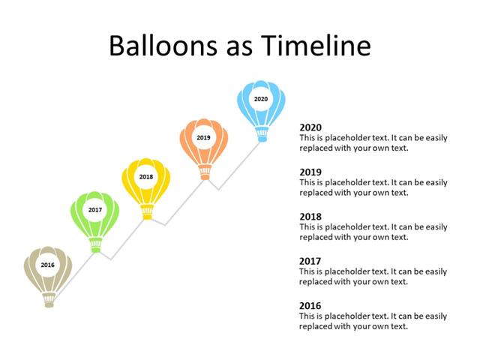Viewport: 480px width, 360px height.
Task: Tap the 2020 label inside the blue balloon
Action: (260, 99)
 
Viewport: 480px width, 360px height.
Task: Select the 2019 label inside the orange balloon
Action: (203, 138)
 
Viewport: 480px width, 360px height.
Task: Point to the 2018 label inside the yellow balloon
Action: (146, 177)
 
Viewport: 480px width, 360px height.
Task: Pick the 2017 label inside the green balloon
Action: (95, 210)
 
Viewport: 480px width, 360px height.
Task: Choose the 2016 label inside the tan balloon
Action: (48, 265)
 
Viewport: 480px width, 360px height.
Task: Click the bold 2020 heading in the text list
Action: (310, 127)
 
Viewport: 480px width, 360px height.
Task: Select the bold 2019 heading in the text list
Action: (310, 172)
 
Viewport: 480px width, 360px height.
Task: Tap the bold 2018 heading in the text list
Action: (310, 217)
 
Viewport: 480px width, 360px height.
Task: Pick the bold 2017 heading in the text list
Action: (310, 262)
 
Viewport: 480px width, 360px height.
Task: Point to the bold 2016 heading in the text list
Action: (310, 306)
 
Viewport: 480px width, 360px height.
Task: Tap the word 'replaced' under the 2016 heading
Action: (316, 326)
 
